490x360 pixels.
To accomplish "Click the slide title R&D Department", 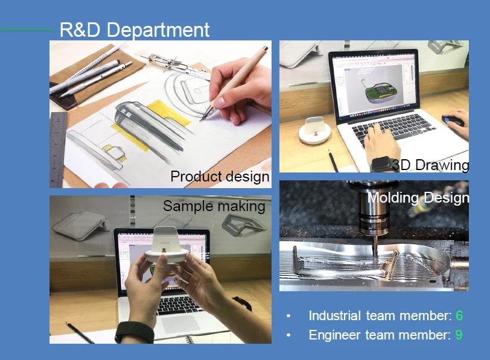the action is (135, 30).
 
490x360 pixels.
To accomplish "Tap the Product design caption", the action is (220, 177).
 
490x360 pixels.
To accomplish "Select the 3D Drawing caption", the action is (431, 165).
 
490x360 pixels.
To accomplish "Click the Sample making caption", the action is (214, 206).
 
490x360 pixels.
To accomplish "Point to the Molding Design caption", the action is (418, 198).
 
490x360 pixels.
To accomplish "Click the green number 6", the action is (459, 315).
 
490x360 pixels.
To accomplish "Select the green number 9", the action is (459, 335).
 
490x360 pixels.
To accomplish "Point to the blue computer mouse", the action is (451, 121).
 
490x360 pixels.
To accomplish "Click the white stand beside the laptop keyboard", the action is (315, 130).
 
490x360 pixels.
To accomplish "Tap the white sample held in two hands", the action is (165, 245).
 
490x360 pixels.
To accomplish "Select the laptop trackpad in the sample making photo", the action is (180, 324).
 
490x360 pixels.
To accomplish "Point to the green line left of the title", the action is (27, 30).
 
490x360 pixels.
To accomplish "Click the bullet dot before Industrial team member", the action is (288, 317).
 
